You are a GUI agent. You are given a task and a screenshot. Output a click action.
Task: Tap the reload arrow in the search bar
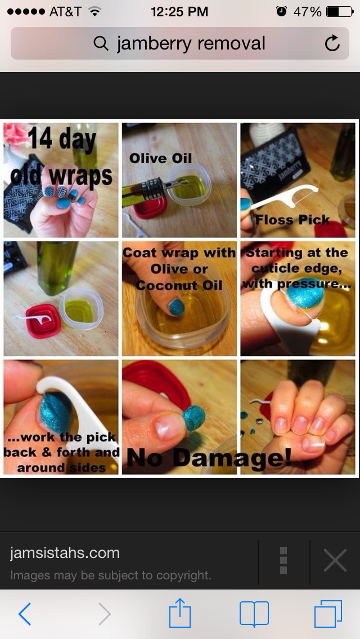pyautogui.click(x=332, y=43)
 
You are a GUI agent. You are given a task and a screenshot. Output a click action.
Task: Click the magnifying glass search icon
pyautogui.click(x=101, y=43)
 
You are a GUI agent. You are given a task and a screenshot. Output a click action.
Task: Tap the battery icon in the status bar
pyautogui.click(x=339, y=11)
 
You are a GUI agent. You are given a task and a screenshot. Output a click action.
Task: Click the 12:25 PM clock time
pyautogui.click(x=179, y=11)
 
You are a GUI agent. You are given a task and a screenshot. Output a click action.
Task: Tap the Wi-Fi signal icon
pyautogui.click(x=95, y=11)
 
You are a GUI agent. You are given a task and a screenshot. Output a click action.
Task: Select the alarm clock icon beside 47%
pyautogui.click(x=281, y=11)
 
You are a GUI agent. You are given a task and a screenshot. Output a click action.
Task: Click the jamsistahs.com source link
pyautogui.click(x=65, y=553)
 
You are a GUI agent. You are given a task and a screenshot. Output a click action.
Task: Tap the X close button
pyautogui.click(x=335, y=560)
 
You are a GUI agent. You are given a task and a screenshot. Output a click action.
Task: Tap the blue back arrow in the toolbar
pyautogui.click(x=25, y=614)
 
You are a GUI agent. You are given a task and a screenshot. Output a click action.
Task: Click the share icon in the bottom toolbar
pyautogui.click(x=180, y=612)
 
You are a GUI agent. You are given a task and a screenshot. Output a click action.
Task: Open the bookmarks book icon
pyautogui.click(x=254, y=614)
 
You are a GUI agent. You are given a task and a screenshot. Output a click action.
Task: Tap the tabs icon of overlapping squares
pyautogui.click(x=328, y=614)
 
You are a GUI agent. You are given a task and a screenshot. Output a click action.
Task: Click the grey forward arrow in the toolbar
pyautogui.click(x=105, y=614)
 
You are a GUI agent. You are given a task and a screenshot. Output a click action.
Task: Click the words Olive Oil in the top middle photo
pyautogui.click(x=160, y=158)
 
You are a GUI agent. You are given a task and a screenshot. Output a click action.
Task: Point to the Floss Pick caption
pyautogui.click(x=292, y=219)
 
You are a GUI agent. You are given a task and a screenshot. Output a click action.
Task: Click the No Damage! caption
pyautogui.click(x=209, y=457)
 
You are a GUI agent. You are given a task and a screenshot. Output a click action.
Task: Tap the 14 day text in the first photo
pyautogui.click(x=62, y=139)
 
